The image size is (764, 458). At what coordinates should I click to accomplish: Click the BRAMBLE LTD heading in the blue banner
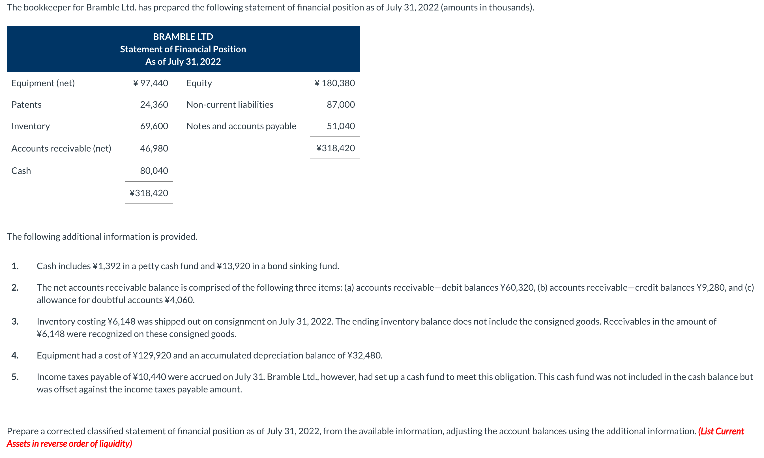pos(183,37)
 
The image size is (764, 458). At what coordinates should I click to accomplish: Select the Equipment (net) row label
pos(43,83)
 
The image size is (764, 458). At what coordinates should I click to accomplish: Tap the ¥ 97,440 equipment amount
pos(151,83)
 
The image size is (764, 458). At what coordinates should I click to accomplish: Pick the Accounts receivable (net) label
pos(61,148)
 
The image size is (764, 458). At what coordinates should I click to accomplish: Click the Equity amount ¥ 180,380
pos(335,83)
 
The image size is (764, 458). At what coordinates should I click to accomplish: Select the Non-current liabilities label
pos(230,105)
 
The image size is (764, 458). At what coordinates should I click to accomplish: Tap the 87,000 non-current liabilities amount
pos(341,105)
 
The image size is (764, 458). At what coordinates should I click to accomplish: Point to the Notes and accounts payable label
pos(241,126)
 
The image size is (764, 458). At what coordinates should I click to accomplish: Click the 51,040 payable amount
pos(341,126)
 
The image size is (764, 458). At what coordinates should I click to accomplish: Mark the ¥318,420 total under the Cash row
pos(149,193)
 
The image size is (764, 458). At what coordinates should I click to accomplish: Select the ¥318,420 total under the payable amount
pos(335,148)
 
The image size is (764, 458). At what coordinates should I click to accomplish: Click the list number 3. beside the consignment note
pos(15,321)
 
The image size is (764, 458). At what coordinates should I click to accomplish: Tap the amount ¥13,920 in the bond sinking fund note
pos(233,266)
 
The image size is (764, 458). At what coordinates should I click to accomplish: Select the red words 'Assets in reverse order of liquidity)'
pos(70,444)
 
